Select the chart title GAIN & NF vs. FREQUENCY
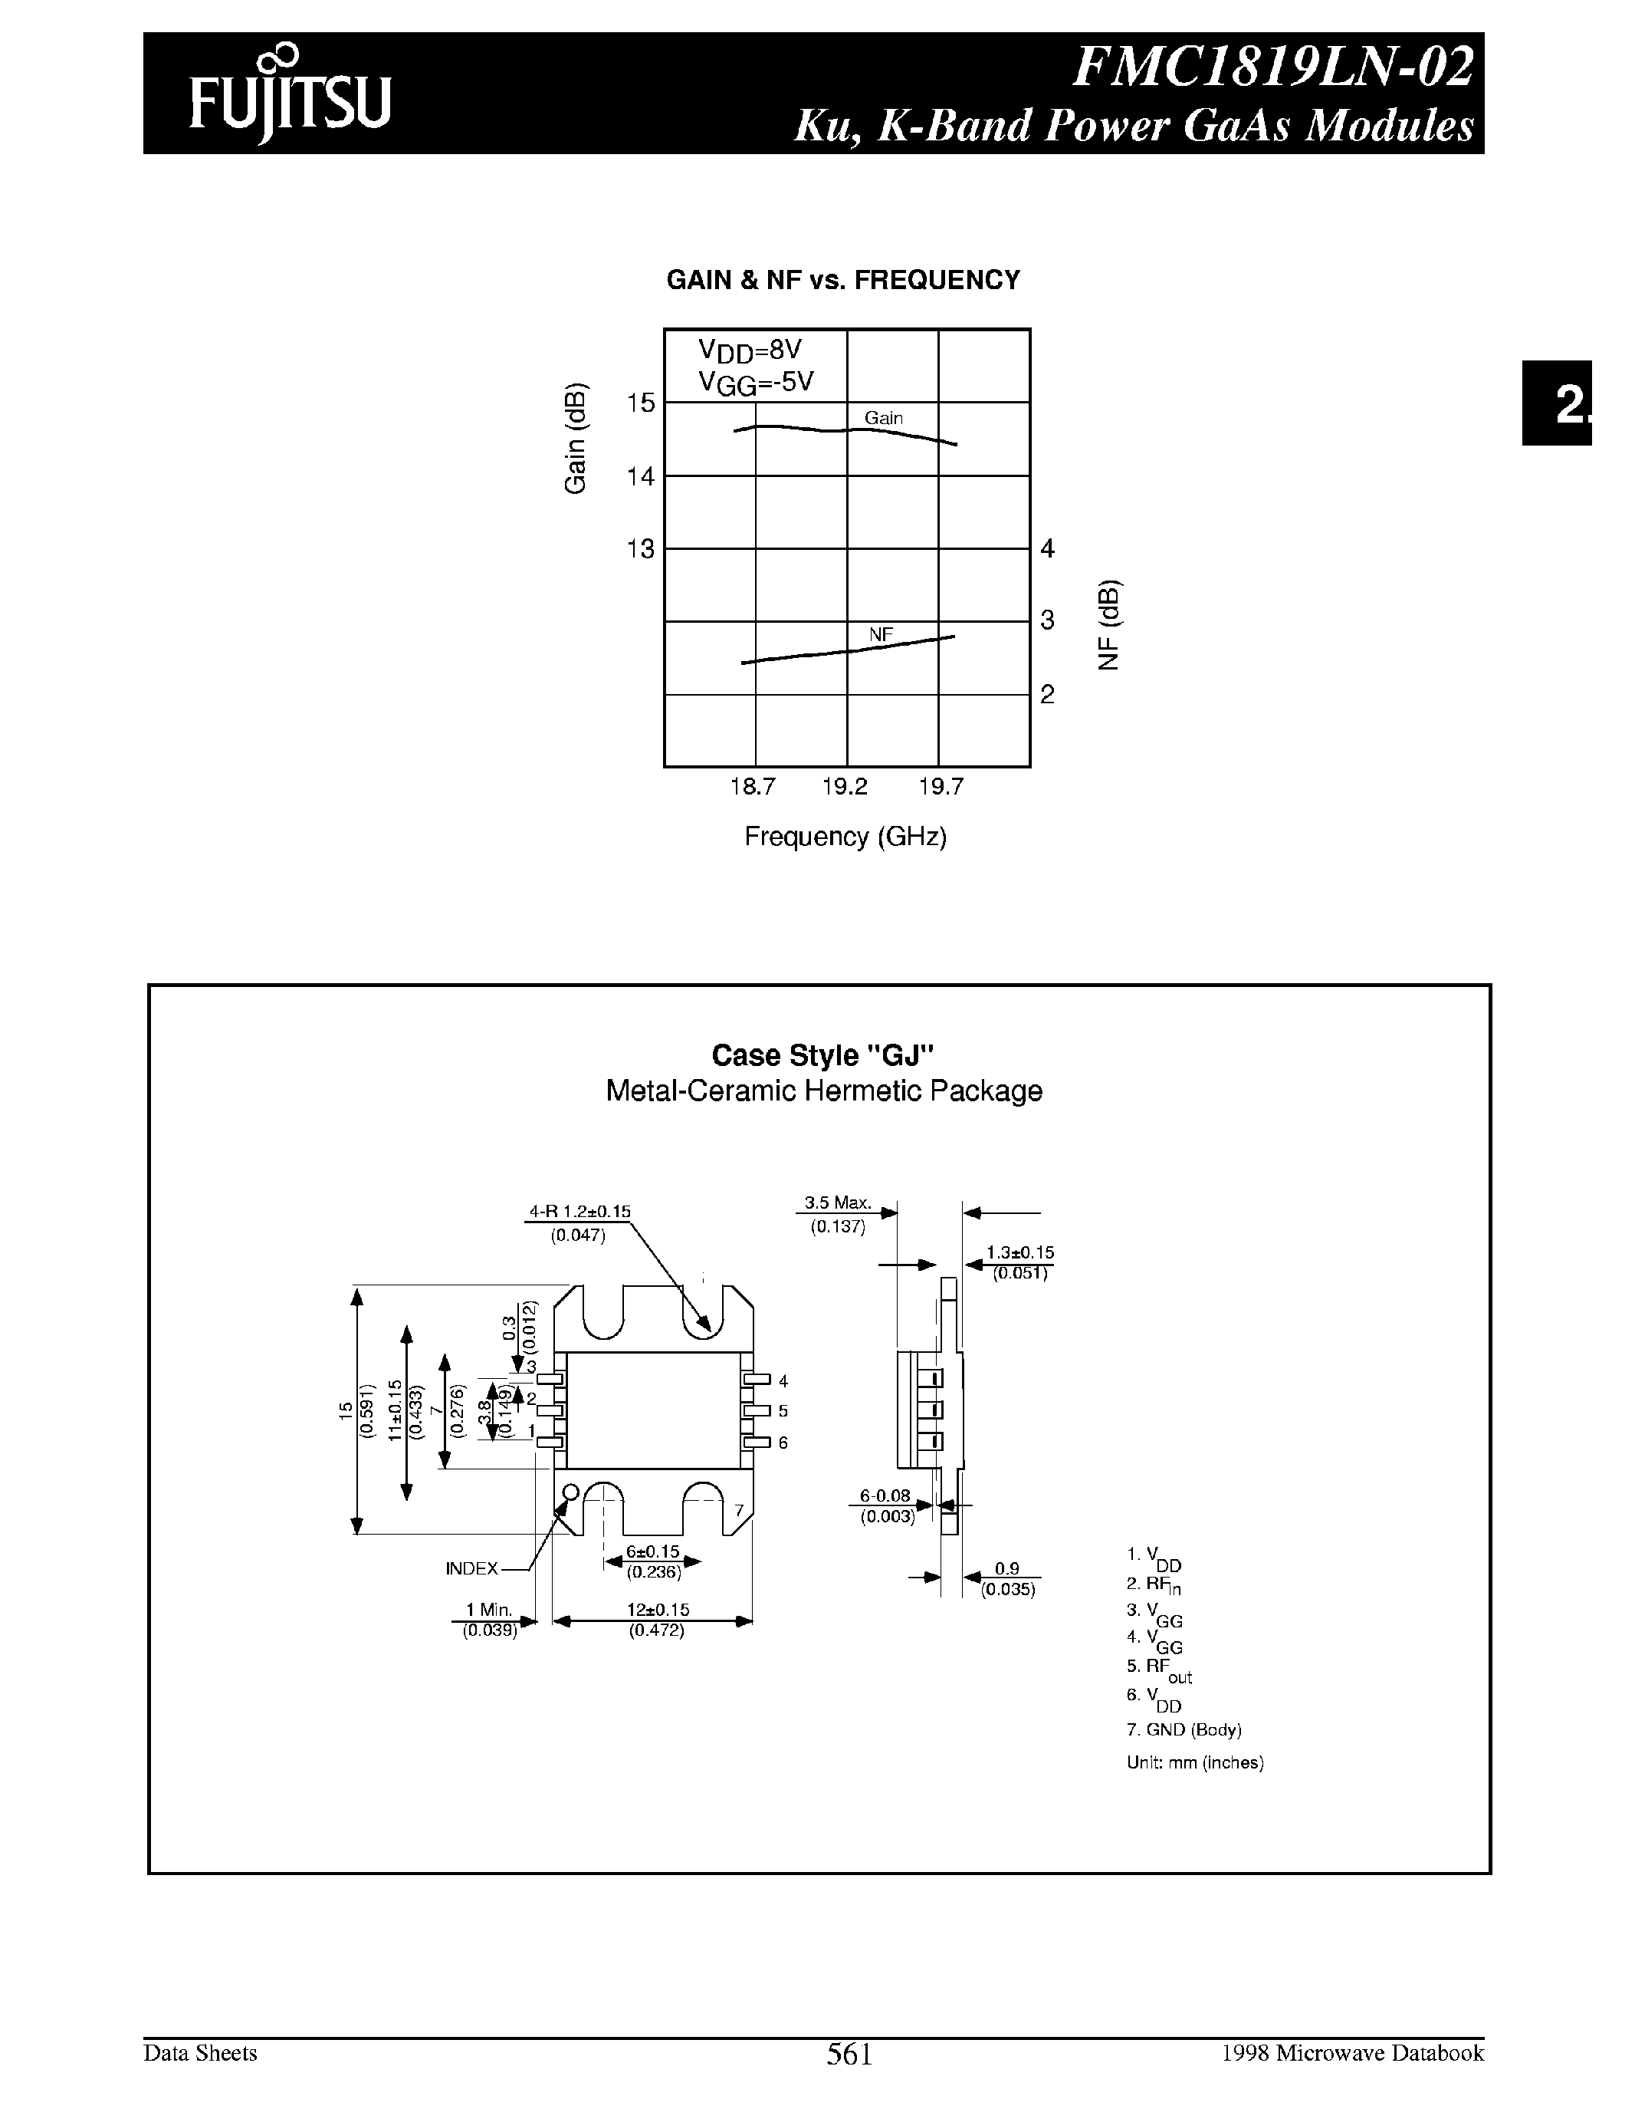coord(842,280)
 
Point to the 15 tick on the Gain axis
coord(641,403)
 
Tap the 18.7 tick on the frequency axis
coord(752,787)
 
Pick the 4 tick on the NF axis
coord(1048,548)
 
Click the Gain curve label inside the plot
coord(883,418)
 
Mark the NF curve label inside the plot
coord(880,634)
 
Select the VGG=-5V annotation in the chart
coord(756,383)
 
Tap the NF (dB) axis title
coord(1109,626)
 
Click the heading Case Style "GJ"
coord(823,1054)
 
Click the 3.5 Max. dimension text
coord(838,1203)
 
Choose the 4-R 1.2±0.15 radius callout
coord(579,1211)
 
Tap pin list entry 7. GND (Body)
coord(1184,1729)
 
